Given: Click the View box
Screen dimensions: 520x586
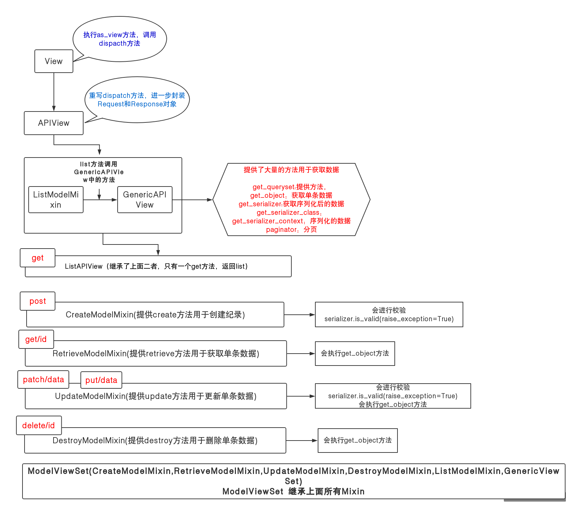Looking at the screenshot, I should click(x=54, y=61).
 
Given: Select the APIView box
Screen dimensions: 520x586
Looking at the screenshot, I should click(x=54, y=123).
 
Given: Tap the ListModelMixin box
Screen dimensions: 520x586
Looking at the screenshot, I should click(x=56, y=200).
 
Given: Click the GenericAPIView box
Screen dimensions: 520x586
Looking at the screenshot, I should click(x=145, y=200).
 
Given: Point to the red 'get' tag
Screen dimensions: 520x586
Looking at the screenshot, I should click(x=37, y=258).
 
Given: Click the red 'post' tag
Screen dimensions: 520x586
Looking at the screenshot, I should click(x=37, y=301).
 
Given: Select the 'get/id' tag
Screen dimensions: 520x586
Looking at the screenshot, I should click(x=36, y=339).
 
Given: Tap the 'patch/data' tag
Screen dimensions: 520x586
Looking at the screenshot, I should click(x=43, y=380).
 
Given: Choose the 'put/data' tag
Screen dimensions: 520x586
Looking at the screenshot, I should click(x=101, y=380).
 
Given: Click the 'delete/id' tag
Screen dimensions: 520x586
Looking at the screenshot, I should click(x=39, y=426).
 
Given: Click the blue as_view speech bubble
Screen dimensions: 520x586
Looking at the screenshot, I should click(x=120, y=39).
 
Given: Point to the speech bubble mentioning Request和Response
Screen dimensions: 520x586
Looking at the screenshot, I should click(x=137, y=100).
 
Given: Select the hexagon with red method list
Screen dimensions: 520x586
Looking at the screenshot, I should click(x=291, y=199).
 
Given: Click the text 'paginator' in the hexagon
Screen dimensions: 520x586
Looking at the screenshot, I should click(x=282, y=230).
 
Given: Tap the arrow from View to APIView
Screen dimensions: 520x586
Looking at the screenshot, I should click(x=54, y=92).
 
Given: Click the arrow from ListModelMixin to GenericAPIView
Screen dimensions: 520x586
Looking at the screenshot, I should click(x=100, y=200).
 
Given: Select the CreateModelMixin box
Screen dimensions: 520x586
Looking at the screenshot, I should click(x=155, y=315).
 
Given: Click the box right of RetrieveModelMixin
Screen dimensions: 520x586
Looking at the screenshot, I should click(x=355, y=354).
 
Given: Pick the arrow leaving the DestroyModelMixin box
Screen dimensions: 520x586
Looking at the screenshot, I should click(x=302, y=441).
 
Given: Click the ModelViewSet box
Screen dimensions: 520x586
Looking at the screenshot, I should click(x=294, y=481).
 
